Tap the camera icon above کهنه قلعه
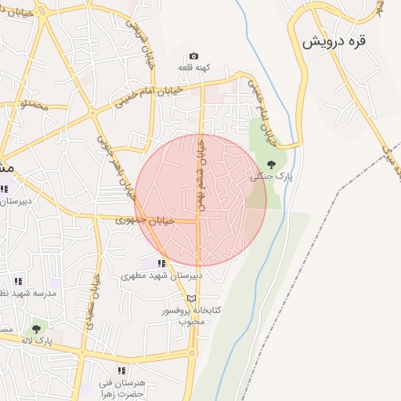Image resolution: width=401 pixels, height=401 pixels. tap(193, 56)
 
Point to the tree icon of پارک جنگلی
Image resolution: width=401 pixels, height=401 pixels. tap(271, 164)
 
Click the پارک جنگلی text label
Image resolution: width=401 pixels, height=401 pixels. tap(271, 177)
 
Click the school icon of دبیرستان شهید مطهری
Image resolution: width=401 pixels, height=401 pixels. tap(161, 263)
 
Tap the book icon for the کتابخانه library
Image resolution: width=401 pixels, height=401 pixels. tap(192, 298)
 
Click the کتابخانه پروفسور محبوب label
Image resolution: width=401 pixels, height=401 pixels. tap(191, 316)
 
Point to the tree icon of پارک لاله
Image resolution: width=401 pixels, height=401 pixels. tap(35, 329)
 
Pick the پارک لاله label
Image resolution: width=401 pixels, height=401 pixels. tap(37, 341)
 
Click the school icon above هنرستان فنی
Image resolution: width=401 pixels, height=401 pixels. tap(121, 370)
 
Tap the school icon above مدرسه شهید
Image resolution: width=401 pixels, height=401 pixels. tap(18, 280)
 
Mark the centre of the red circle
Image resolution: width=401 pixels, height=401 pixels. tap(200, 200)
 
